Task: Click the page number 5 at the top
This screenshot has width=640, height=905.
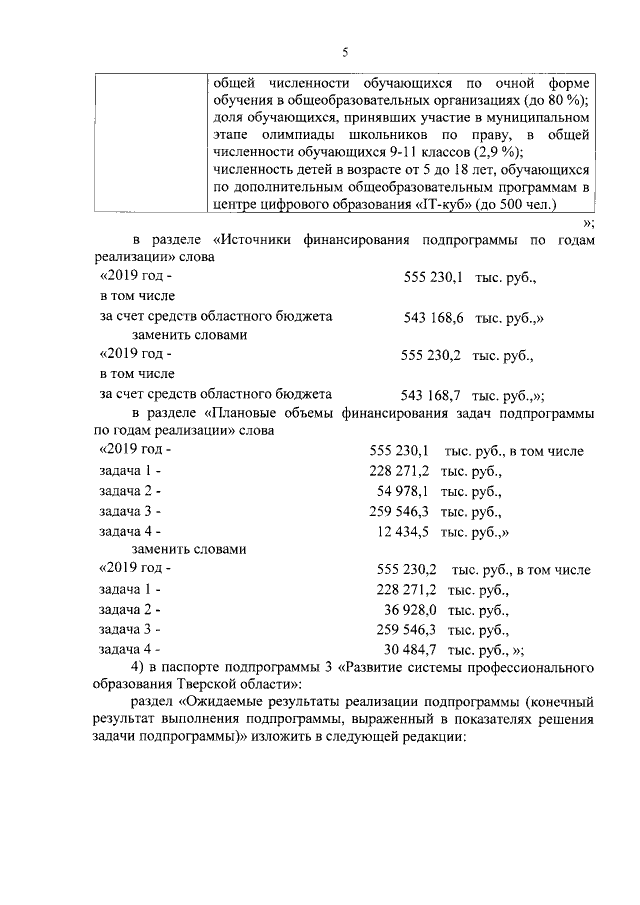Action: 345,53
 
